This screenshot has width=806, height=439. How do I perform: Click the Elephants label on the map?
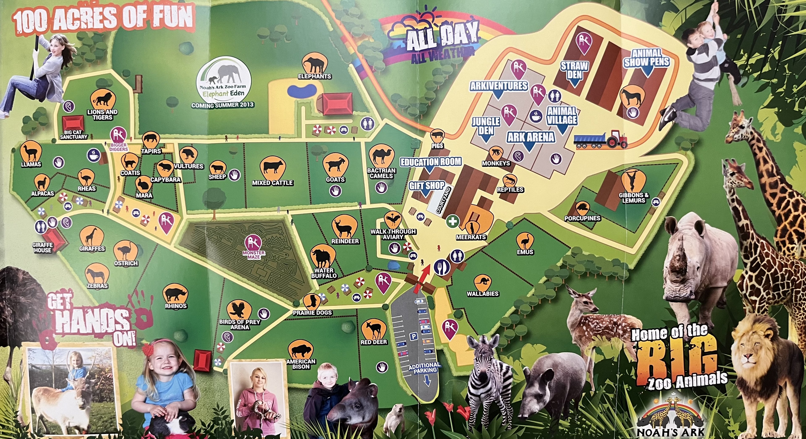pos(314,76)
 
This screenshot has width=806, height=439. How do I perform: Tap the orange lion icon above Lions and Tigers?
pos(102,99)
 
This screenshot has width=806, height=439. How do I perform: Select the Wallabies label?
pos(483,294)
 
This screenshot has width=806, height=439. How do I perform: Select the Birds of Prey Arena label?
pos(240,324)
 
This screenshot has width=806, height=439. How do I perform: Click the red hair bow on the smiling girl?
pos(147,348)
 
